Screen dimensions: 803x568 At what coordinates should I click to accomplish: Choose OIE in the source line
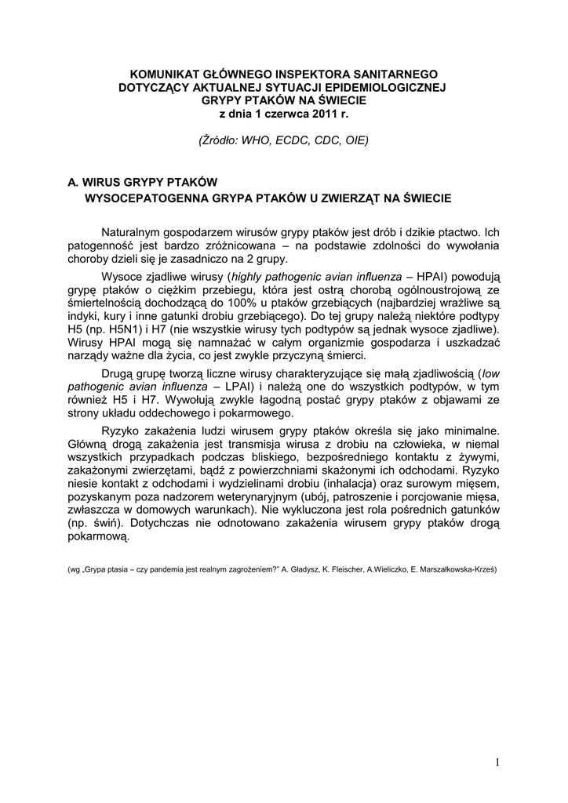click(x=355, y=140)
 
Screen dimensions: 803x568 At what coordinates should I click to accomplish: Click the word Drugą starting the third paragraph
click(x=120, y=373)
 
